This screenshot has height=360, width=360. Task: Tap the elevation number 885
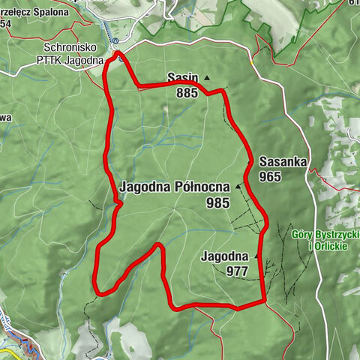[187, 93]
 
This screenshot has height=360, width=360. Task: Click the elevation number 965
[270, 176]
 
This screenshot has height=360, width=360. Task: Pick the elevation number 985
[219, 202]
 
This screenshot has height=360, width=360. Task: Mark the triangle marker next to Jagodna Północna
[239, 186]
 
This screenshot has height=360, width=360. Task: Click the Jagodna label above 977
[224, 256]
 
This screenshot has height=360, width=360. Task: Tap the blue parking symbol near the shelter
[116, 42]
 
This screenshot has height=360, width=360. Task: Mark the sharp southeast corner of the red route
[265, 301]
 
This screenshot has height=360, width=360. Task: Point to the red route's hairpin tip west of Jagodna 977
[158, 245]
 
